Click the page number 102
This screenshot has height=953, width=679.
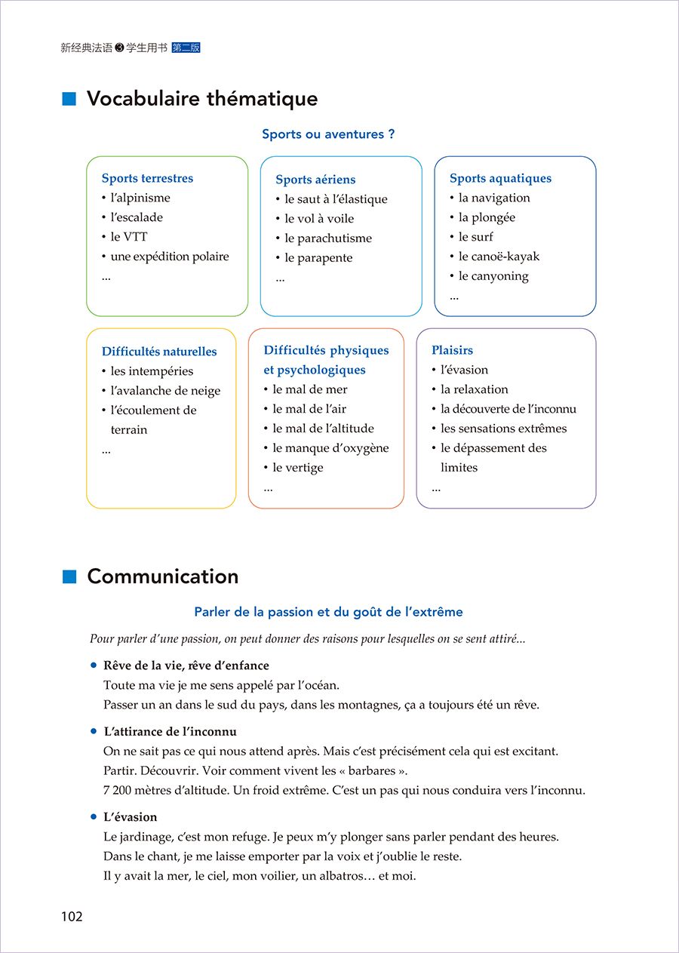(72, 917)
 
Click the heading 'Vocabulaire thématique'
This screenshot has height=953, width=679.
(201, 99)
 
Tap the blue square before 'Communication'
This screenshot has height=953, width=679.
(70, 576)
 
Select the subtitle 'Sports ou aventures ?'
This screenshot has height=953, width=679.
(328, 134)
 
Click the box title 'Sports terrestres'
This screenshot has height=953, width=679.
(147, 179)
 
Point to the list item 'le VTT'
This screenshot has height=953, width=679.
(129, 237)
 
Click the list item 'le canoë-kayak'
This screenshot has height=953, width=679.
(499, 257)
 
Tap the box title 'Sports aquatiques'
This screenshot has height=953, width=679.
(500, 179)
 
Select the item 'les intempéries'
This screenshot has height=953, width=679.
(152, 371)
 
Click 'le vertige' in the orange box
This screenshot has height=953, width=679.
(298, 468)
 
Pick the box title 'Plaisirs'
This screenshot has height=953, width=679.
(452, 351)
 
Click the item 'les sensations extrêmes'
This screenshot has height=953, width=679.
(503, 429)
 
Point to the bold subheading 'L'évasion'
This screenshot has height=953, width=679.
(130, 817)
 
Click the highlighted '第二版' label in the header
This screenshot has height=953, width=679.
(186, 48)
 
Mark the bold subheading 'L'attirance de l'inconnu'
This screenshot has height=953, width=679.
(170, 732)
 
